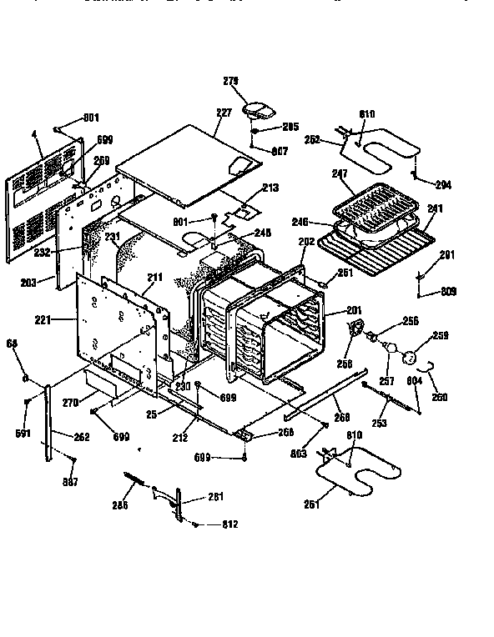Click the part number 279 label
(x=231, y=81)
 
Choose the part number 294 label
(x=442, y=185)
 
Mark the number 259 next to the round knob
(x=440, y=336)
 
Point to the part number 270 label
(x=71, y=403)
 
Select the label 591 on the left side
(x=23, y=434)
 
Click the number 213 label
(x=270, y=188)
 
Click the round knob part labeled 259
(x=409, y=356)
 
